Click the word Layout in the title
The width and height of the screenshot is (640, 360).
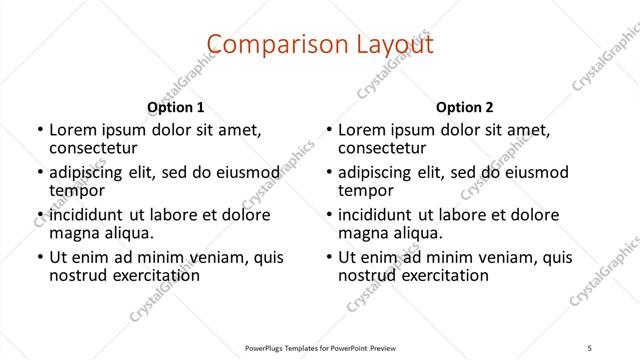pyautogui.click(x=393, y=44)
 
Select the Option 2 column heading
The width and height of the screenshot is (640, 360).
pyautogui.click(x=465, y=106)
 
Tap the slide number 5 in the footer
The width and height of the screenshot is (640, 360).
pyautogui.click(x=591, y=349)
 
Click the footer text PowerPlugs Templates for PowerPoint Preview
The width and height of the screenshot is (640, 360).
pyautogui.click(x=319, y=349)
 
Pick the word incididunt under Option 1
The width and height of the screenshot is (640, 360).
pyautogui.click(x=87, y=215)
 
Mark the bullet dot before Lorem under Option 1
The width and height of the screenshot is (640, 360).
pyautogui.click(x=39, y=130)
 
